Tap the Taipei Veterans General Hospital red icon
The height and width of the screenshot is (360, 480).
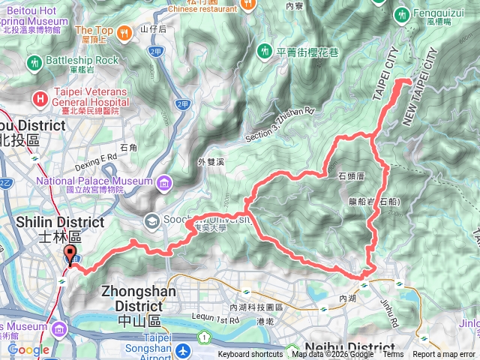pos(40,98)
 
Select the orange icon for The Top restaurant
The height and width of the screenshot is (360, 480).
pos(137,34)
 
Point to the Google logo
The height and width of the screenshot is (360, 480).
pos(28,350)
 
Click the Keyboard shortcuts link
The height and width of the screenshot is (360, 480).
pos(252,355)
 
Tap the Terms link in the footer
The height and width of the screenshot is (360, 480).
pos(392,355)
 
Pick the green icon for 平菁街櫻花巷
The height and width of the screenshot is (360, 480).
pos(264,51)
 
